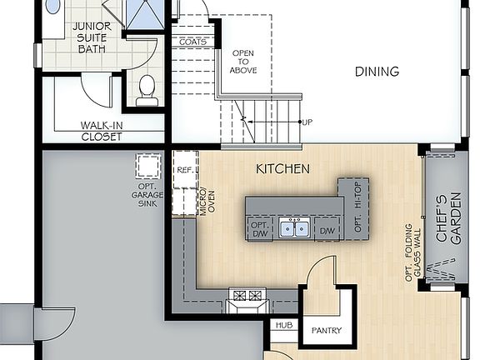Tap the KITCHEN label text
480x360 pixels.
[282, 168]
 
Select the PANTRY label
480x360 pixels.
[327, 330]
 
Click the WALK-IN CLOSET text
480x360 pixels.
[101, 132]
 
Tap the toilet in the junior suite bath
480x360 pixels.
[148, 88]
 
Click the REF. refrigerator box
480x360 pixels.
[185, 170]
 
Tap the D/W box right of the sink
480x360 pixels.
[327, 230]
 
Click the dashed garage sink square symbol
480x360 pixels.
[148, 166]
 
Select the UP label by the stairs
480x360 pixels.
[307, 122]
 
